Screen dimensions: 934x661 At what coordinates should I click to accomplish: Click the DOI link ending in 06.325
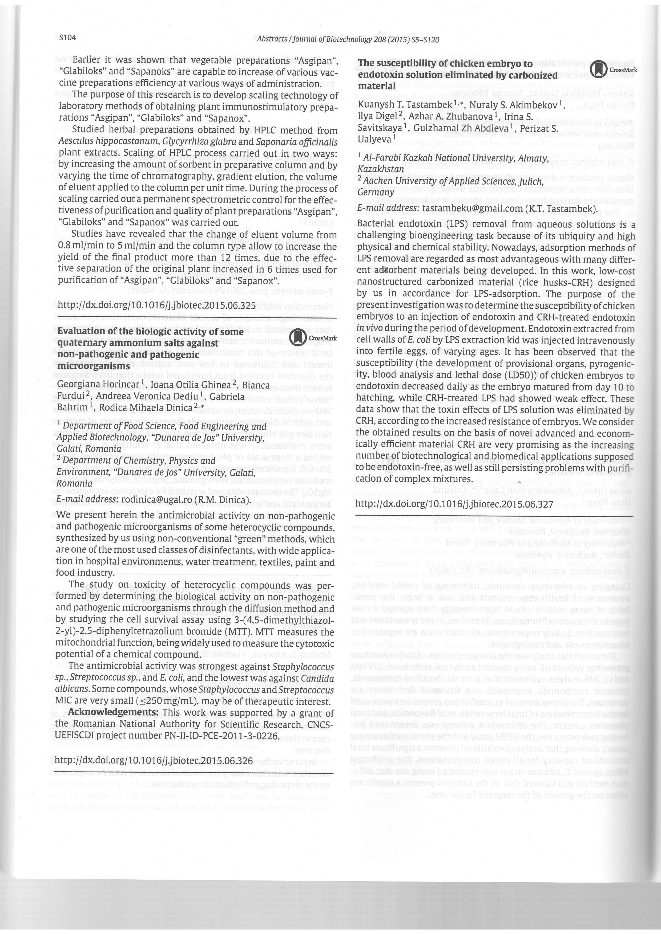(157, 305)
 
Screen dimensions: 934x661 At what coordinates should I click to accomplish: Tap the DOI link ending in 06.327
(454, 504)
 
